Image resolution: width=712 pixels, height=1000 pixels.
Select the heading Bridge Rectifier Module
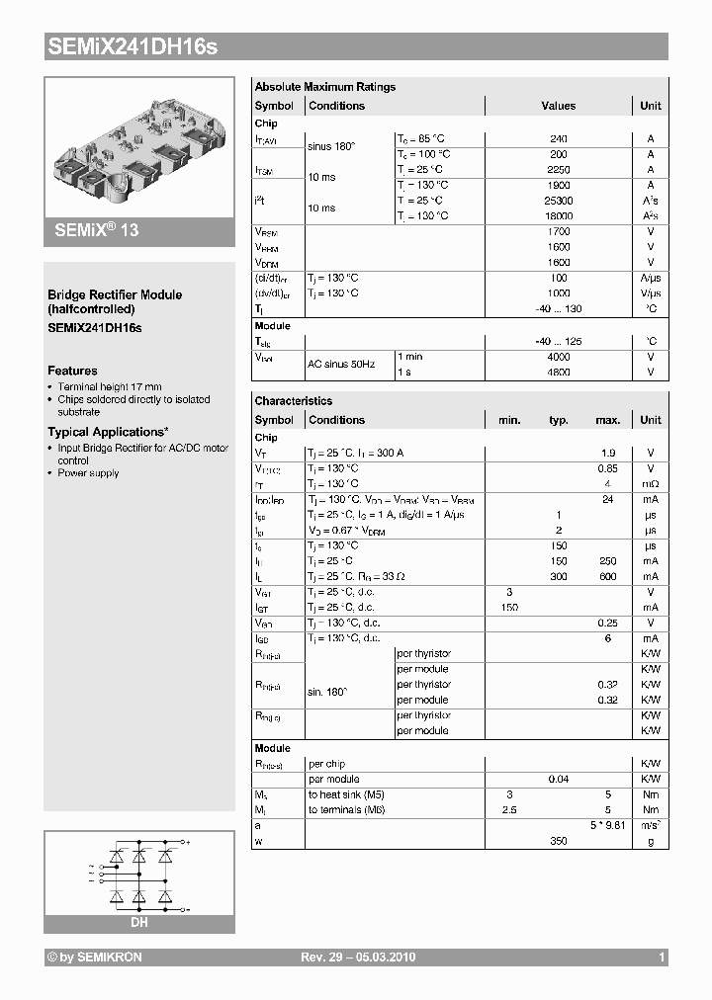point(115,294)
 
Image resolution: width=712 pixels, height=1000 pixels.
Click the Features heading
point(72,371)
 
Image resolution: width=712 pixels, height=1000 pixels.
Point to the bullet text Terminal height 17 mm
point(110,386)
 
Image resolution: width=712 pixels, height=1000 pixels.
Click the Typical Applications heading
point(108,432)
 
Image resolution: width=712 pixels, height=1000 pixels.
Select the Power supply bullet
point(88,473)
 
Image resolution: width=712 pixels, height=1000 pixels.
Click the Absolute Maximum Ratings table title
point(324,87)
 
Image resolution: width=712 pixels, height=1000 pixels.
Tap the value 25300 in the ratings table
point(559,201)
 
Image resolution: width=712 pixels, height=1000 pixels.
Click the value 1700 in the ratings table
point(559,232)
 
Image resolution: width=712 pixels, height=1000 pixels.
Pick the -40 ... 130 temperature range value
point(559,309)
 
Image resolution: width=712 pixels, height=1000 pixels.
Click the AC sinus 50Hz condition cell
point(341,365)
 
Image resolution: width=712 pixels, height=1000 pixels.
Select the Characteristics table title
point(294,401)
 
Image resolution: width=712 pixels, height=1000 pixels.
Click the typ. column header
point(559,420)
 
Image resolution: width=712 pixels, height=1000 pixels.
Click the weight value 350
point(559,841)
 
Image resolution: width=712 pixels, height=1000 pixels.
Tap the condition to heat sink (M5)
point(348,794)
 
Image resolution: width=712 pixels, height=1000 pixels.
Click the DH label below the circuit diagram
point(139,923)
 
